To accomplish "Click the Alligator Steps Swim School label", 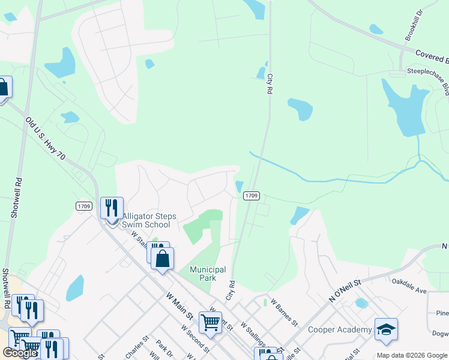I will point(146,220).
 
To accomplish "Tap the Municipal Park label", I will point(208,274).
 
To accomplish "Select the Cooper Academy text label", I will point(340,329).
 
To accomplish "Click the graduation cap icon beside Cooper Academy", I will point(386,329).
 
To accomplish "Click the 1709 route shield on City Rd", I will point(252,196).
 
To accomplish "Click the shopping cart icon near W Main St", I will point(210,322).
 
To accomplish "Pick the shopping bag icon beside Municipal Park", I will point(162,259).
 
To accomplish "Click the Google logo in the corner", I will point(20,353).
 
